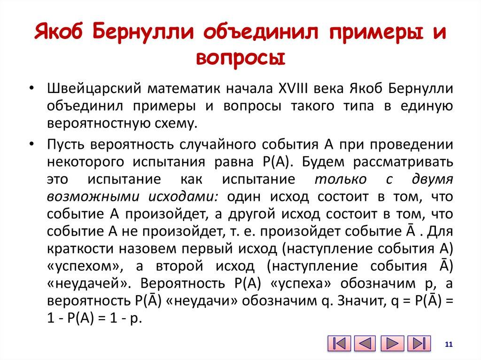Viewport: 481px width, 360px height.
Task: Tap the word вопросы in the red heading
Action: [240, 58]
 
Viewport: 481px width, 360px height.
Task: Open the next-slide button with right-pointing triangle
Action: [392, 343]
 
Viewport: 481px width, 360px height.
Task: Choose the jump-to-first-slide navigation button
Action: [339, 343]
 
